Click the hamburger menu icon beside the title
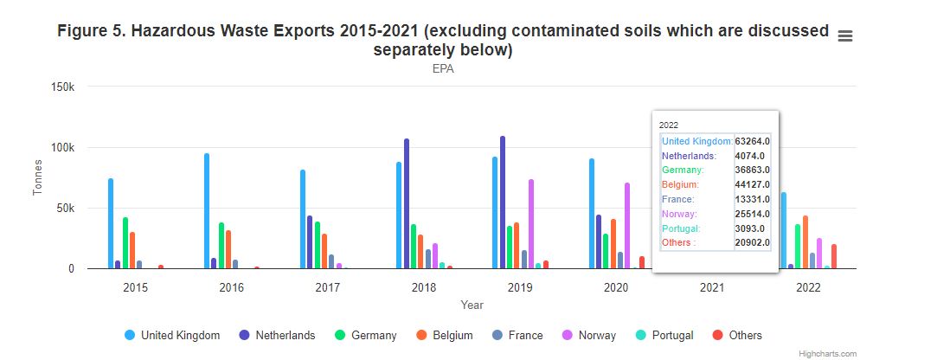pos(845,35)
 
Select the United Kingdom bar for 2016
pos(207,211)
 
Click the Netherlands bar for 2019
pos(503,202)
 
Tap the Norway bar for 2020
pos(627,226)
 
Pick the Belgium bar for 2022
pos(805,242)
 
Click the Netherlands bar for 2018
pos(407,203)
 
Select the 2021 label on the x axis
pos(711,287)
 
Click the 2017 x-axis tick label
pos(328,287)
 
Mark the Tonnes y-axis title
pos(38,177)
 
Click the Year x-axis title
pos(472,305)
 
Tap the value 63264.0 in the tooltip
pos(753,141)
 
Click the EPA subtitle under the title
pos(443,69)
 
